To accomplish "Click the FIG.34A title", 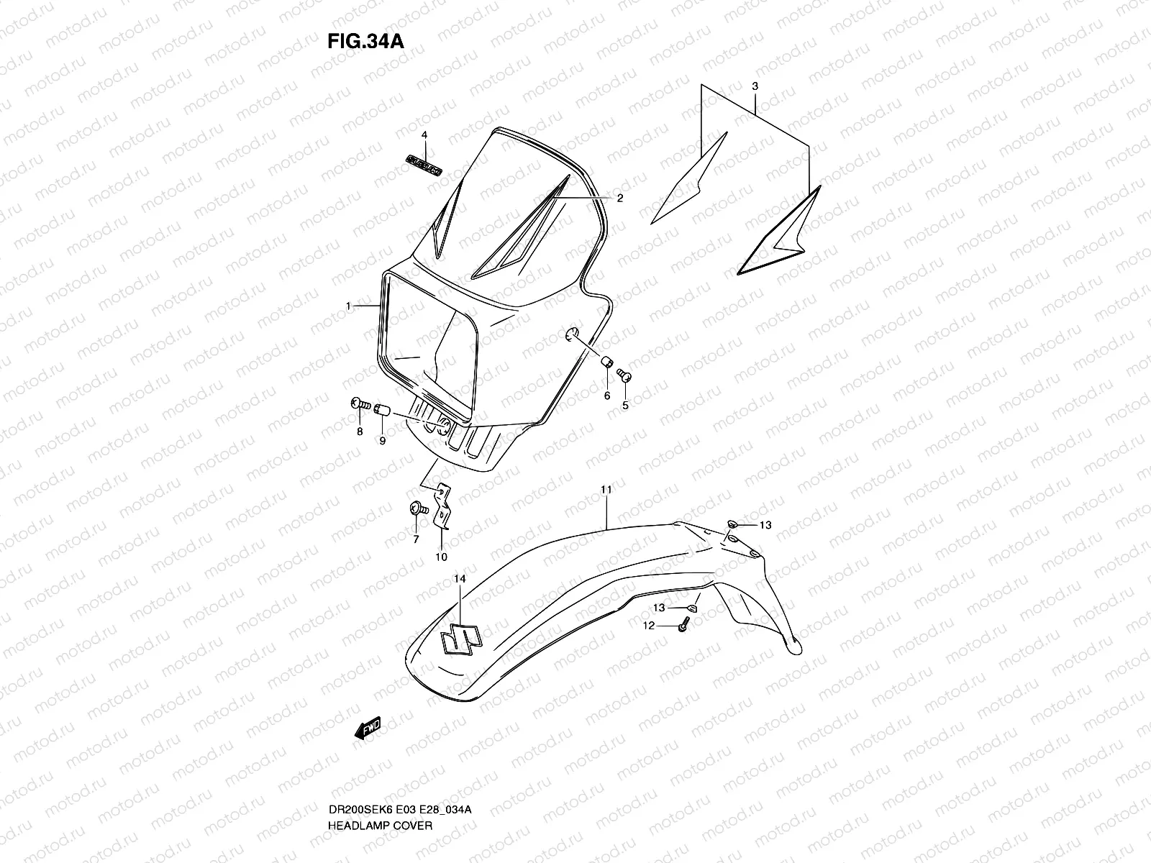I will pos(365,41).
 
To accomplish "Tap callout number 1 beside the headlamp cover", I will pos(348,306).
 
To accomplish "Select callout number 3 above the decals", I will pos(755,86).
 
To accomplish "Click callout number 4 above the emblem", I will pos(424,135).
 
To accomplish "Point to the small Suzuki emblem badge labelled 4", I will pos(423,165).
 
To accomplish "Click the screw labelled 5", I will pos(625,375).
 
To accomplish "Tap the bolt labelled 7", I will pos(416,509).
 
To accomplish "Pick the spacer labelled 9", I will pos(382,412).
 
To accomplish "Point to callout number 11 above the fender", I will pos(606,490).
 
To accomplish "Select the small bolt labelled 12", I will pos(682,627).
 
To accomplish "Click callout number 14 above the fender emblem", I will pos(460,579).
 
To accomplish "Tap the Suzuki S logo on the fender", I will pos(461,637).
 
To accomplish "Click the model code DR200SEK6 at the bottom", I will pos(358,770).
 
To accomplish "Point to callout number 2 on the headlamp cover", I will pos(619,198).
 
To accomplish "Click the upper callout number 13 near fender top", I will pos(765,525).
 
